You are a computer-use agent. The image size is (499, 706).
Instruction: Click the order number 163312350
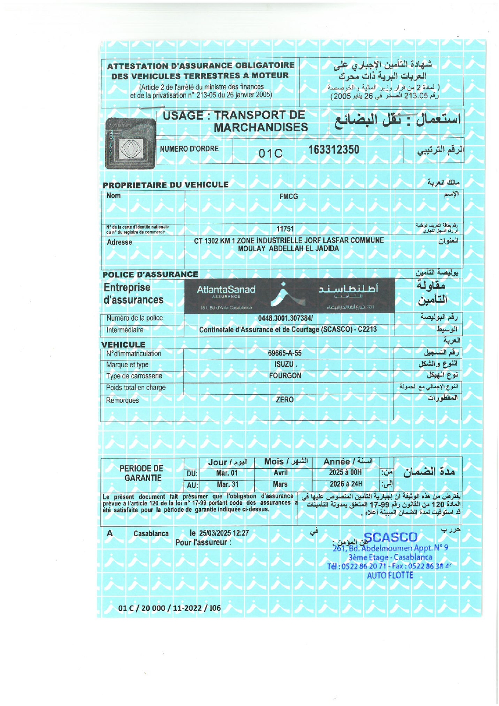coord(333,150)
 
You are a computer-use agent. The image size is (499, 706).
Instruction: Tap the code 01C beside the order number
coord(270,154)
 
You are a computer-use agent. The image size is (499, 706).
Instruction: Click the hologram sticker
coord(130,143)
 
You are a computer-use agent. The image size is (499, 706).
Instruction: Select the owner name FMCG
coord(288,197)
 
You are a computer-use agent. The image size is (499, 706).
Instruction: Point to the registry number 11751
coord(285,229)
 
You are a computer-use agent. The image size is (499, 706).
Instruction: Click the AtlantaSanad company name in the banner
coord(226,290)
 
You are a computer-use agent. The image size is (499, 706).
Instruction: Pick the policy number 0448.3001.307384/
coord(285,318)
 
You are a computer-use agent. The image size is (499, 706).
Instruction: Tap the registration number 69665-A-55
coord(285,353)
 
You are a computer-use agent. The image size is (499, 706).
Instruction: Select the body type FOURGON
coord(285,376)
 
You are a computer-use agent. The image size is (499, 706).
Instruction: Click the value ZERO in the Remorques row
coord(285,400)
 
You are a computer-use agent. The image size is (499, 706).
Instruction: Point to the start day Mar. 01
coord(227,473)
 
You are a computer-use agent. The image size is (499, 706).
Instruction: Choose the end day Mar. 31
coord(227,484)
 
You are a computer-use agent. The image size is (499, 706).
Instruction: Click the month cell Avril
coord(280,473)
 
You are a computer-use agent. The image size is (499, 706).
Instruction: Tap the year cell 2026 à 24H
coord(346,484)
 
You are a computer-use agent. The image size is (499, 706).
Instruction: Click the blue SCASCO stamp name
coord(391,538)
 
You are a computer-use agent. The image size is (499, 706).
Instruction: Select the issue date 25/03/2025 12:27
coord(224,533)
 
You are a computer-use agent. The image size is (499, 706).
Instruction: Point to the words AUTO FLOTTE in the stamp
coord(390,576)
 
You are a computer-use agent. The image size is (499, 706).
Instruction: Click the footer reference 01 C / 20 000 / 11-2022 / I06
coord(169,608)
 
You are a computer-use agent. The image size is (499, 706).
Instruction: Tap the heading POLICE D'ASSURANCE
coord(150,275)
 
